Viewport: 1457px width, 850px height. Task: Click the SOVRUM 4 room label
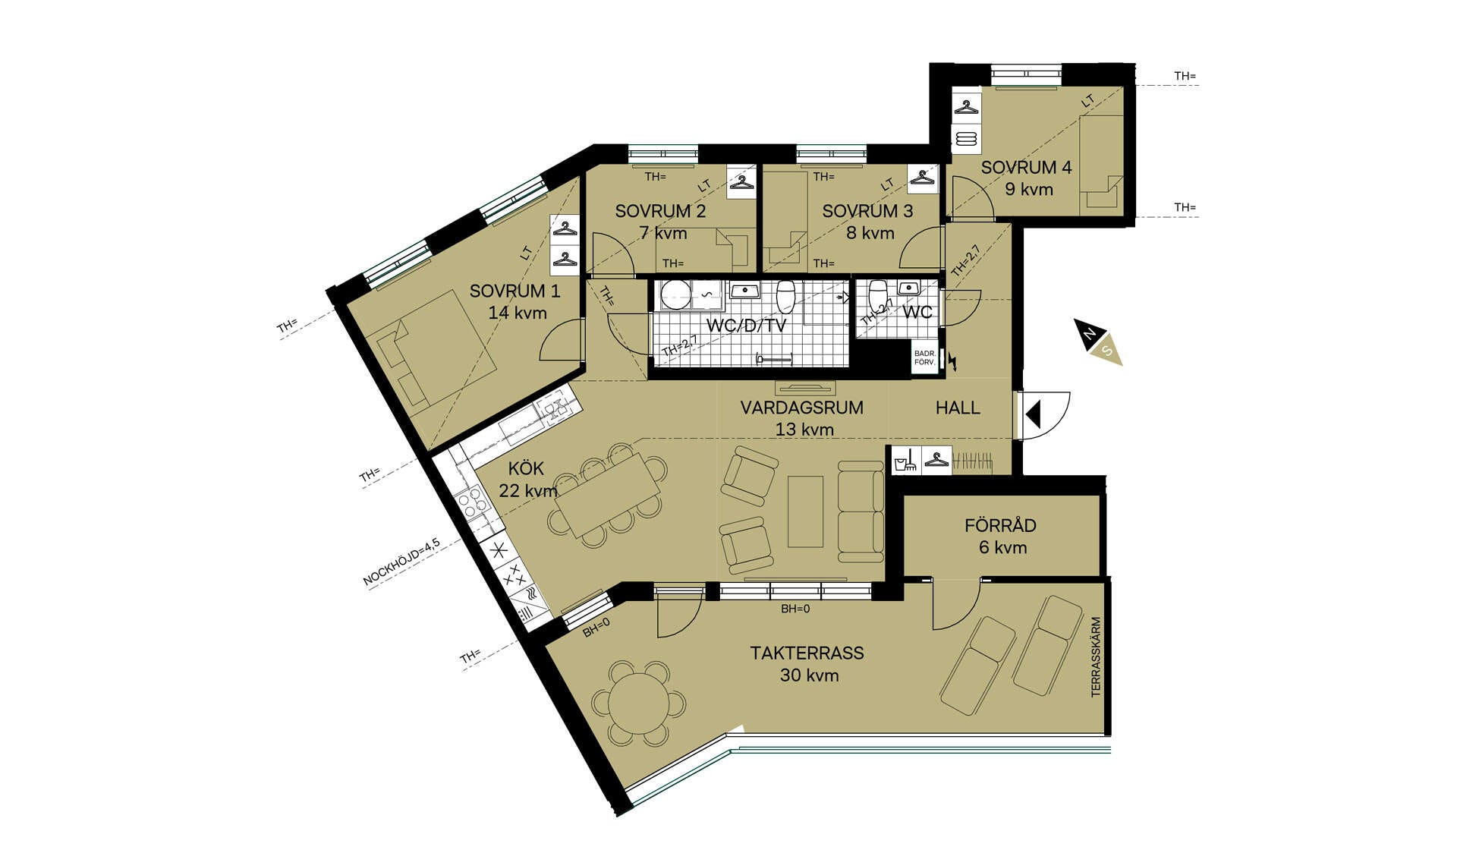point(1026,167)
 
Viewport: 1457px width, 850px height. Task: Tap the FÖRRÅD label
point(1000,525)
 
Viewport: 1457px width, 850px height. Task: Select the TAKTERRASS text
point(807,653)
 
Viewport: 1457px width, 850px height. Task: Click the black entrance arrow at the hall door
point(1033,415)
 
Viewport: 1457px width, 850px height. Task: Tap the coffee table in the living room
point(805,511)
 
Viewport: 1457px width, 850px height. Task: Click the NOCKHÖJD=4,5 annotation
point(401,562)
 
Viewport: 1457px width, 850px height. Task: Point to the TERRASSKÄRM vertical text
point(1095,657)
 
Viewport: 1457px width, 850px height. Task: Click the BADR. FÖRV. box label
point(924,358)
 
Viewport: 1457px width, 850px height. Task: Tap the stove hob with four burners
point(471,502)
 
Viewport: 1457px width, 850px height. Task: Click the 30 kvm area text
point(809,675)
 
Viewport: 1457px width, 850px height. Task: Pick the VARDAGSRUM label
point(801,408)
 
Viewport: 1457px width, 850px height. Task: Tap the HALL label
point(958,408)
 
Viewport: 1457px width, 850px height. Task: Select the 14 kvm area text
point(518,313)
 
